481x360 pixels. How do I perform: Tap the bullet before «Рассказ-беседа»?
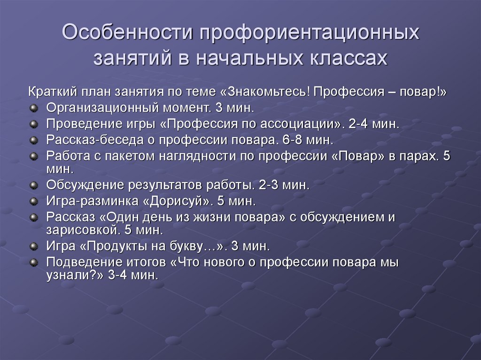point(33,140)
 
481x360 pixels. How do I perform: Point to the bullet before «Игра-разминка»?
point(33,202)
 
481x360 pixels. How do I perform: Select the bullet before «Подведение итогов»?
point(33,262)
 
